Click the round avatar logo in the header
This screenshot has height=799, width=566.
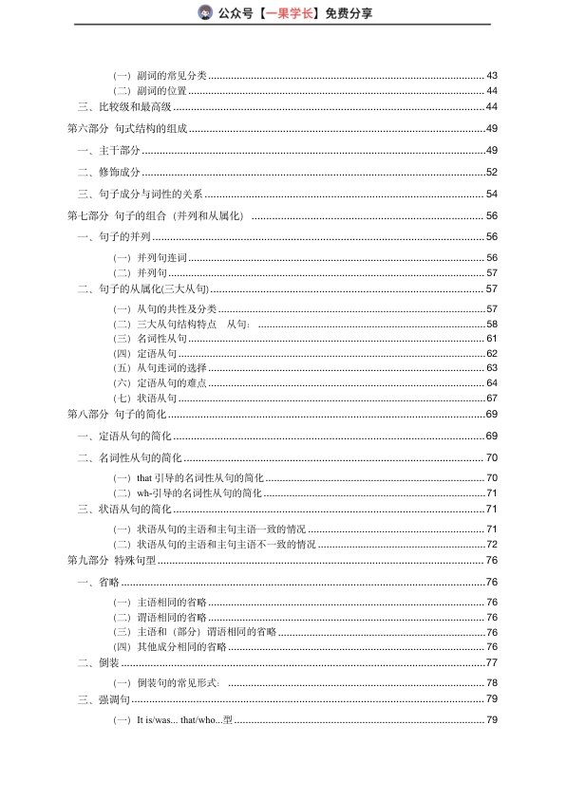205,12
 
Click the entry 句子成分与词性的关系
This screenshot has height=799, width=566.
152,194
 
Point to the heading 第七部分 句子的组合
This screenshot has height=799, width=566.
156,215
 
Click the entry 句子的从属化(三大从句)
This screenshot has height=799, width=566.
154,288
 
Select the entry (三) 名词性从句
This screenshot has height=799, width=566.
151,338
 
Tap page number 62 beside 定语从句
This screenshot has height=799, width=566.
492,353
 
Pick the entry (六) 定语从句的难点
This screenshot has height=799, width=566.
160,382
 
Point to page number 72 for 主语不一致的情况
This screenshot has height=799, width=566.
492,545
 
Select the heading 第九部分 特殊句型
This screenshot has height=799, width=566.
111,560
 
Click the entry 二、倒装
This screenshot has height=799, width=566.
98,662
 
